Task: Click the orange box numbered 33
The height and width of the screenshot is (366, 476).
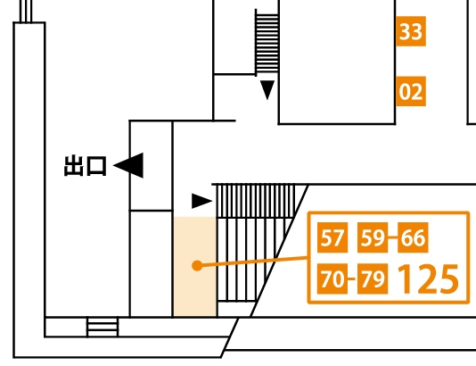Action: coord(411,31)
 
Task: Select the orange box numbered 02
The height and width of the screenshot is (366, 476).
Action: coord(411,91)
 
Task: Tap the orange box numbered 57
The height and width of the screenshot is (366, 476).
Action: coord(332,237)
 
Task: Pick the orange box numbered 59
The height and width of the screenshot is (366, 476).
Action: coord(373,237)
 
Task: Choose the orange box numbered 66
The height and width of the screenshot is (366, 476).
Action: coord(413,237)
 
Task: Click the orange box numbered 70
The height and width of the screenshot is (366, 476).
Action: coord(332,279)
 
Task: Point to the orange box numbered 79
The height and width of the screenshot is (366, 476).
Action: coord(373,279)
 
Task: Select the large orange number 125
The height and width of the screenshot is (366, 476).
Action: coord(428,279)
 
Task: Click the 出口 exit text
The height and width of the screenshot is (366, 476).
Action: coord(86,166)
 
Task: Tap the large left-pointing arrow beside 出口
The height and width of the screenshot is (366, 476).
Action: coord(128,165)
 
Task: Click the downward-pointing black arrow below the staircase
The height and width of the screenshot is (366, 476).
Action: coord(267,90)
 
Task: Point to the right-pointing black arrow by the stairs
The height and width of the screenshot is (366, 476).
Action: coord(201,201)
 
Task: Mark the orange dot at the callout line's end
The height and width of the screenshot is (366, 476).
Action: coord(197,265)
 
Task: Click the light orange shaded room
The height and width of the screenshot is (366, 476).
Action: coord(195,267)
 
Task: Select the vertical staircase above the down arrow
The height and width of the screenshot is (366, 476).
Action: coord(267,43)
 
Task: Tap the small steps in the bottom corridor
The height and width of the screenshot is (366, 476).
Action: coord(103,327)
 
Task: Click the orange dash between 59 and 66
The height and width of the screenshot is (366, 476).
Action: coord(392,237)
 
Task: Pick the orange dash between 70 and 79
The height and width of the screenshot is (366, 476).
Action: coord(352,279)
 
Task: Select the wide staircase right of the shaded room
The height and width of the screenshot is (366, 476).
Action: coord(255,243)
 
